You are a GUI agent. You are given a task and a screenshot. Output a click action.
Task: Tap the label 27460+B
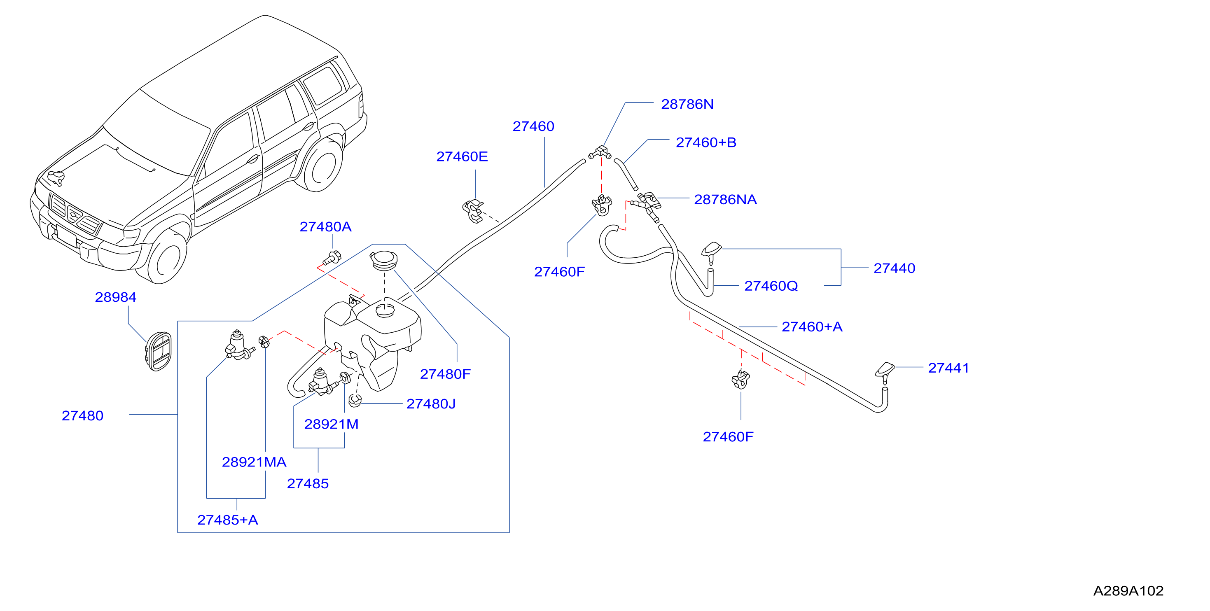[x=705, y=142]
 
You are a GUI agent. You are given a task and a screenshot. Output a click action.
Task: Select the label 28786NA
[x=725, y=200]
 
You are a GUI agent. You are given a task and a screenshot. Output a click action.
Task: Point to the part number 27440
[x=894, y=268]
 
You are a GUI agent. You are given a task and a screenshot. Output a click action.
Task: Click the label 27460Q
[x=771, y=286]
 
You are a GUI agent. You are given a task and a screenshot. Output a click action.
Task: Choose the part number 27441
[x=948, y=368]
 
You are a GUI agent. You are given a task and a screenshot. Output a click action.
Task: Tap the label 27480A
[x=325, y=227]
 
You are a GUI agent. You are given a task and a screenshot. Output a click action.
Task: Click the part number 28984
[x=116, y=297]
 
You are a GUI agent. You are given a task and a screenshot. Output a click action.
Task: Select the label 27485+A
[x=227, y=520]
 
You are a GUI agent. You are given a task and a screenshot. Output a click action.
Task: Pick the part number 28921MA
[x=254, y=462]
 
